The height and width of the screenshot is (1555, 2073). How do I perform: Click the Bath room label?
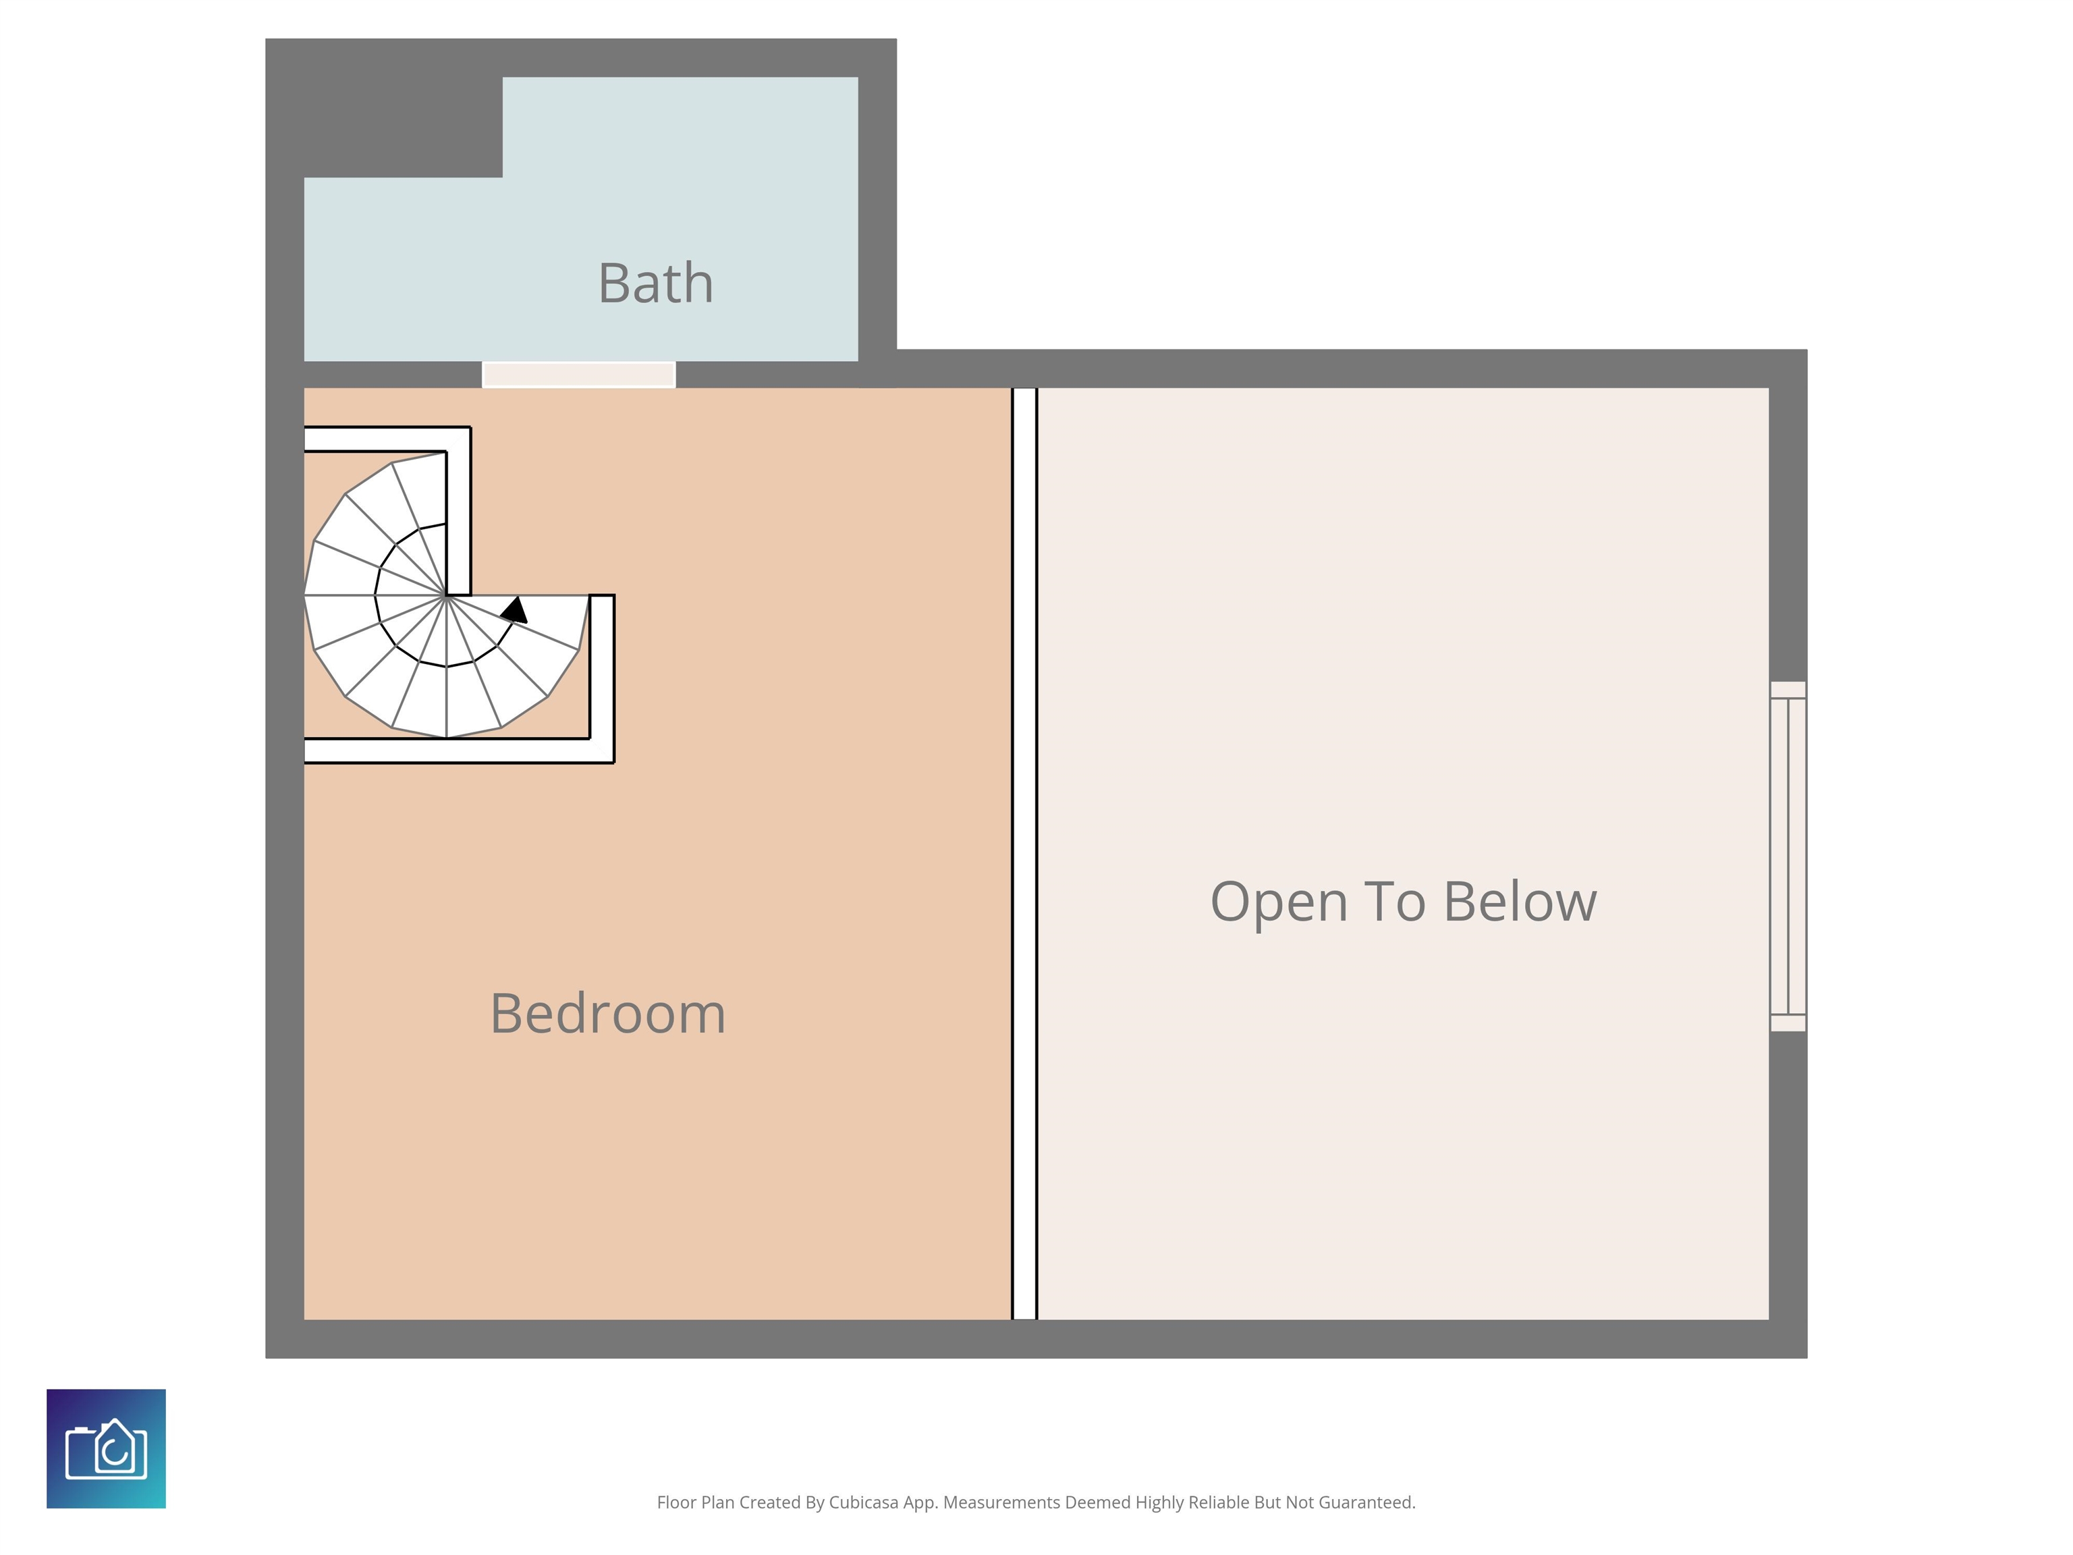[655, 283]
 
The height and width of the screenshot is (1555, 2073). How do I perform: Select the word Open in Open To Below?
[1278, 902]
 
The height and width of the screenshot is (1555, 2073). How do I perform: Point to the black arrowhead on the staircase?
[514, 610]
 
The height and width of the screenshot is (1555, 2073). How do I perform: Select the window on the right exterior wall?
[1787, 856]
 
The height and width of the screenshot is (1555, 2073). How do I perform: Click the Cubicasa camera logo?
[106, 1448]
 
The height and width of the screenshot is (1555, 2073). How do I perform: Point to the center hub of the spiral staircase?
[446, 595]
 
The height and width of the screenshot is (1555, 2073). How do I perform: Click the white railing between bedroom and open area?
[1024, 853]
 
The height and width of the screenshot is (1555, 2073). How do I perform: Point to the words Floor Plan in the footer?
[695, 1502]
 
